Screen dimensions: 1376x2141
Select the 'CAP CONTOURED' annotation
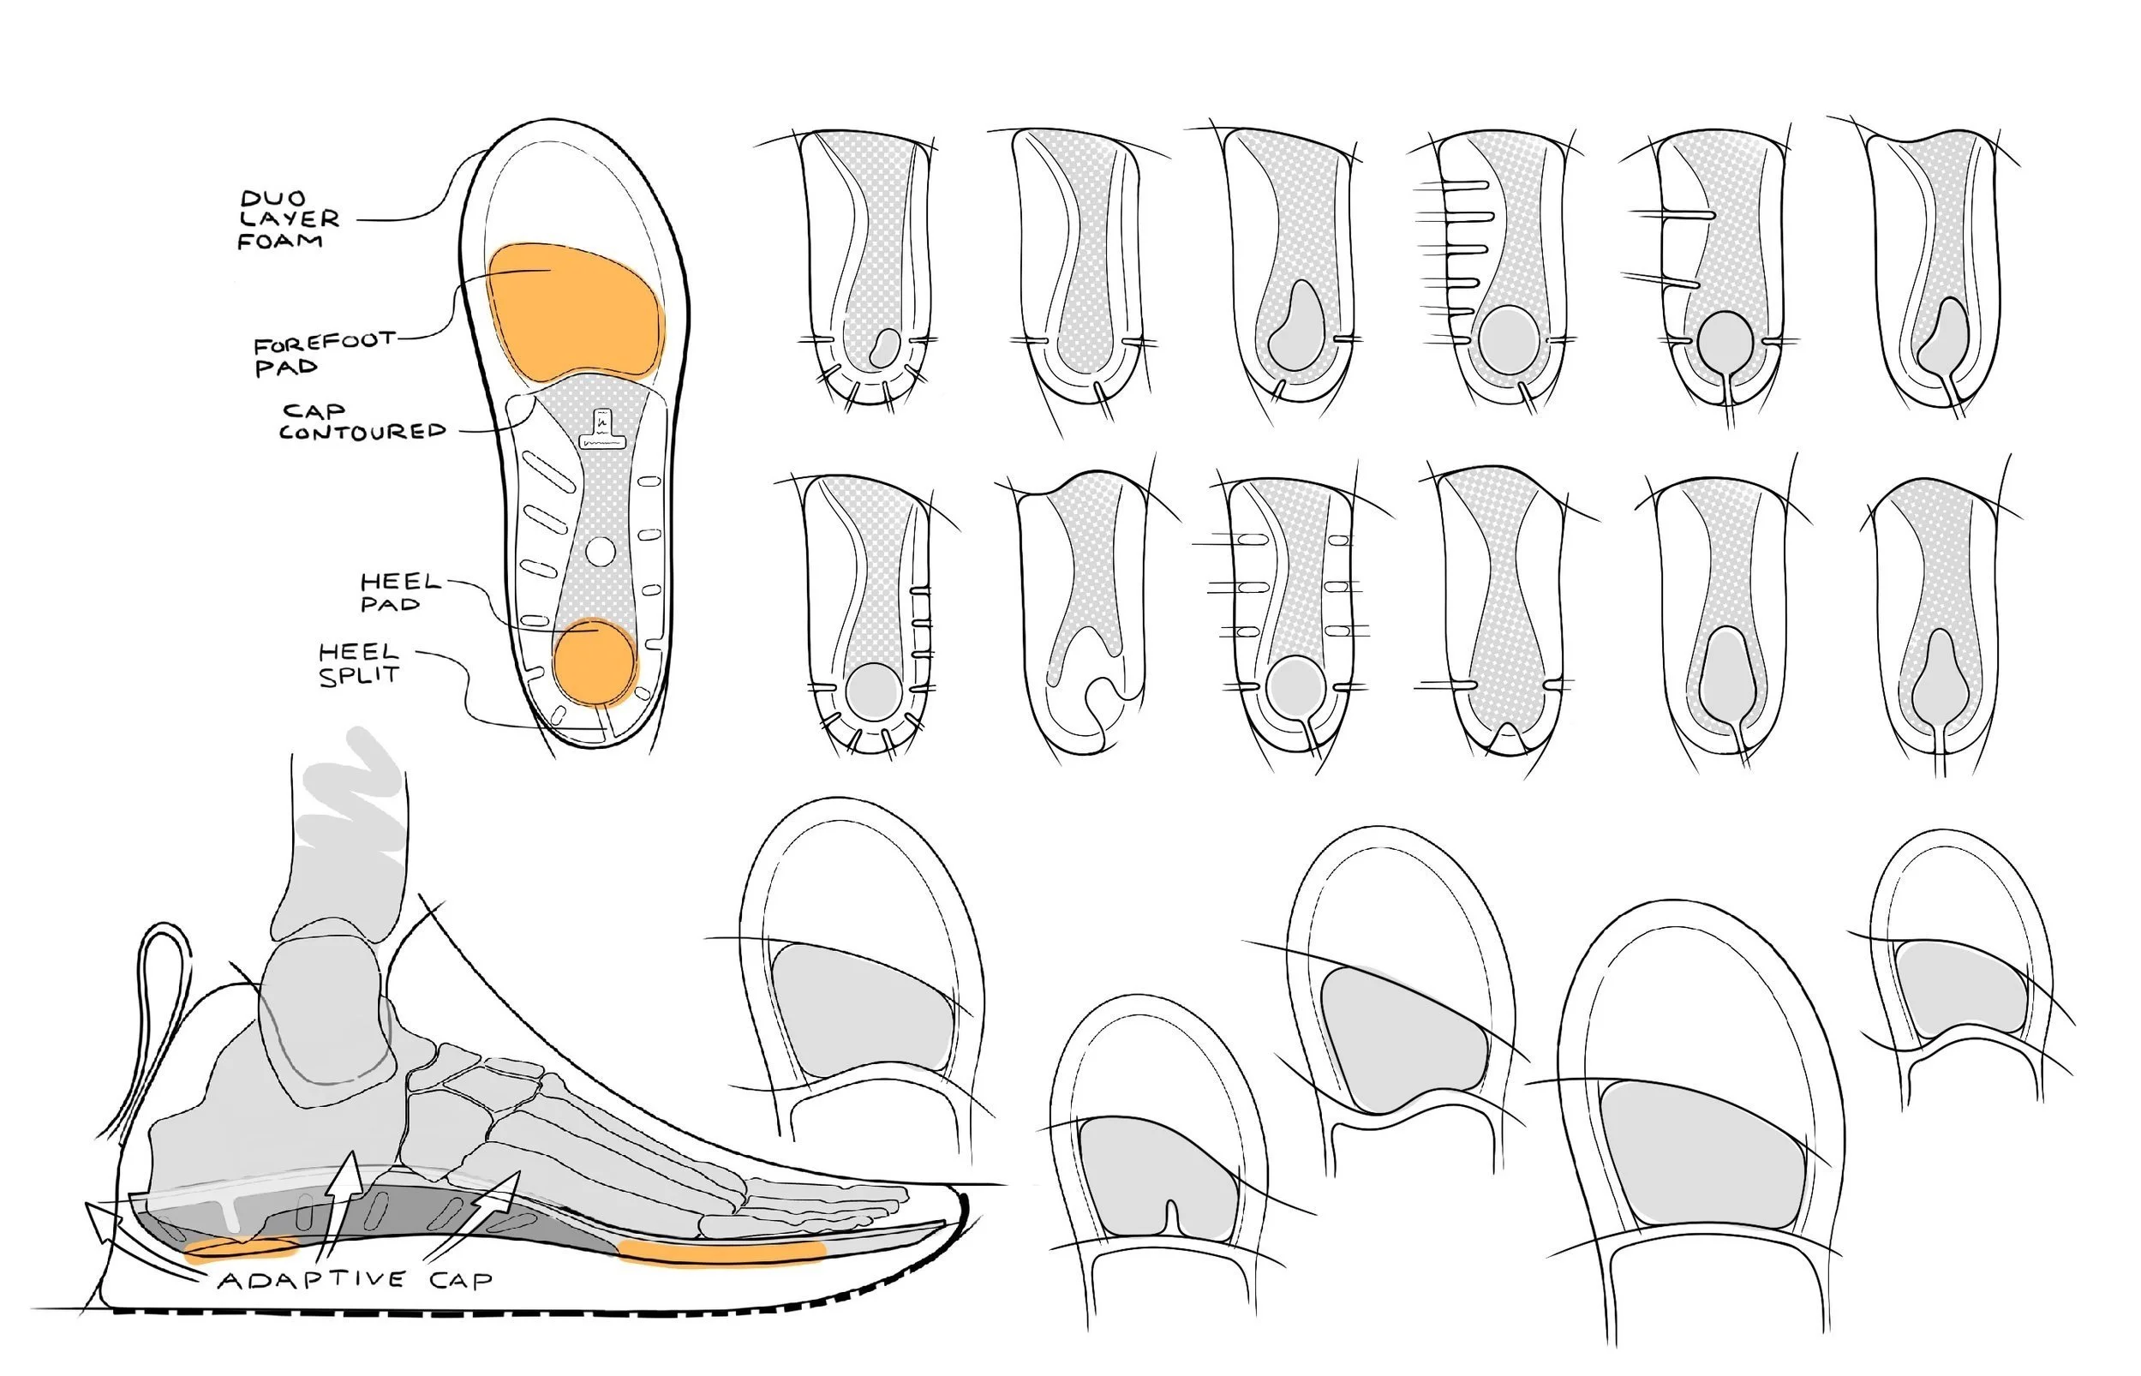tap(361, 422)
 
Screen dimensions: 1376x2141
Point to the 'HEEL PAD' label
tap(399, 592)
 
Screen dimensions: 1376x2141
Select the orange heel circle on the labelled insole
tap(594, 663)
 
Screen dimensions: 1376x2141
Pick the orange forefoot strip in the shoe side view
tap(721, 1252)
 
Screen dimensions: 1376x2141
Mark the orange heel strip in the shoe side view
tap(239, 1248)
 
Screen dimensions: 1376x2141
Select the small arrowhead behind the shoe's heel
tap(99, 1220)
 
